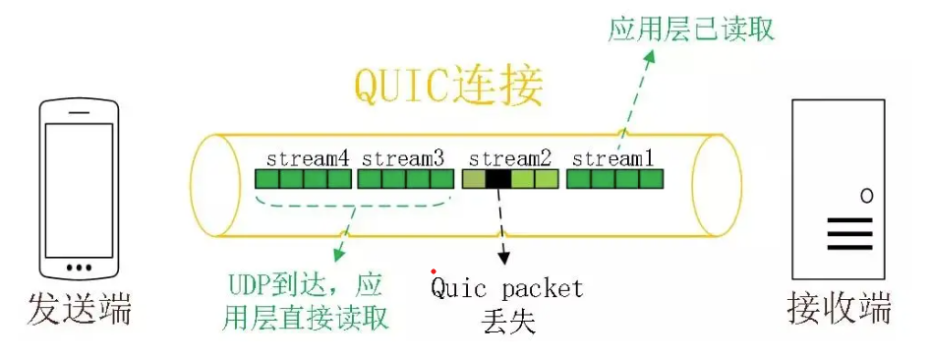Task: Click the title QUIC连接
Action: click(447, 88)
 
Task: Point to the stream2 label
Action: click(508, 157)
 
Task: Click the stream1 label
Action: click(613, 157)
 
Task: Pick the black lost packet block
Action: click(498, 179)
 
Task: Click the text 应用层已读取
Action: click(691, 28)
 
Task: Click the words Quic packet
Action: click(506, 289)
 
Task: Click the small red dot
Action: click(434, 270)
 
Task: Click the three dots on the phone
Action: click(78, 267)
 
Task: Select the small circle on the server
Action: click(866, 195)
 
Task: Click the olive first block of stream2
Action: click(474, 179)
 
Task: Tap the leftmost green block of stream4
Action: click(267, 179)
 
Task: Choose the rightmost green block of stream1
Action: click(652, 179)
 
